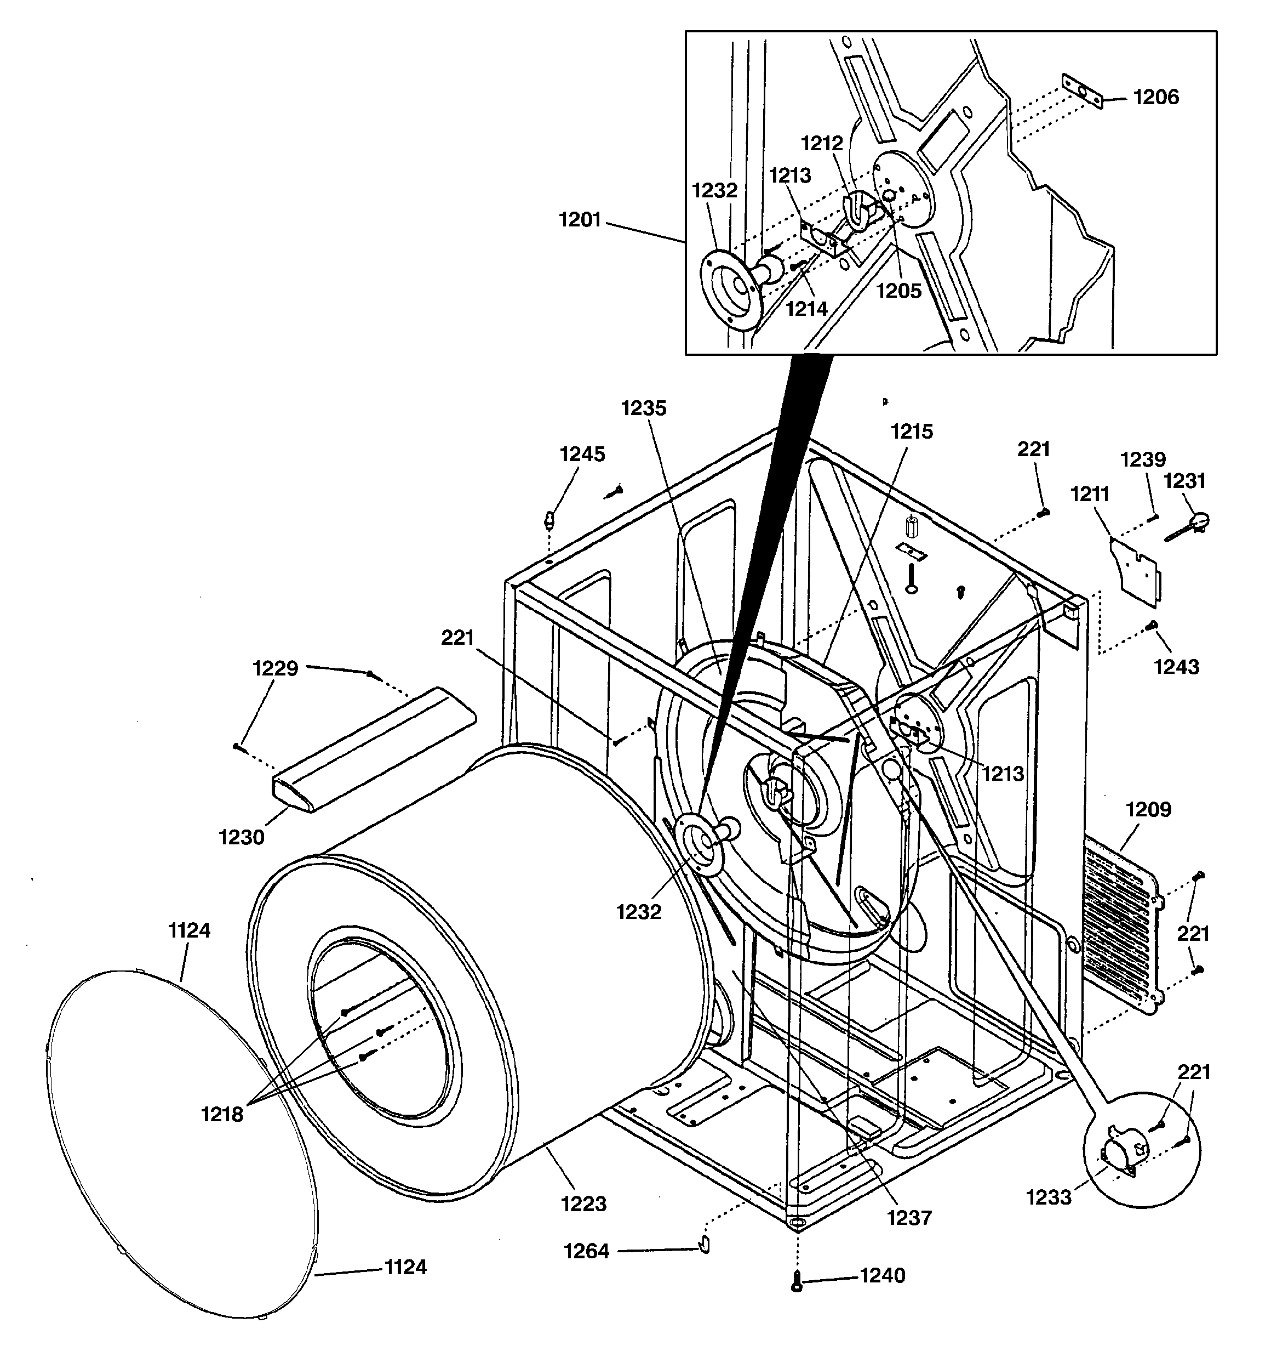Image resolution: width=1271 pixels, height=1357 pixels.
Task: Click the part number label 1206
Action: (1156, 98)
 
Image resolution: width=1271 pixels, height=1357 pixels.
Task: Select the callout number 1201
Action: (580, 220)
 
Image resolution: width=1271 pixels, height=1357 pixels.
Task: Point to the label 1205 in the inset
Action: (898, 291)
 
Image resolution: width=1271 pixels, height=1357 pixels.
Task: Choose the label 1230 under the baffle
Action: (241, 837)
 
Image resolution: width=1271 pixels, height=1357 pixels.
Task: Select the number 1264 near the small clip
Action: (587, 1251)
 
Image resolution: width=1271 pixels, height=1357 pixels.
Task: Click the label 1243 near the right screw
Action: (1176, 666)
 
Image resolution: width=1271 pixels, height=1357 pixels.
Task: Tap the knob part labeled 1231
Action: (1194, 524)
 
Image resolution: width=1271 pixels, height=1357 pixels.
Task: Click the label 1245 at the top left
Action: (582, 454)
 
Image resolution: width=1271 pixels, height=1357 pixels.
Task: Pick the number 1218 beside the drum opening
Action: (222, 1114)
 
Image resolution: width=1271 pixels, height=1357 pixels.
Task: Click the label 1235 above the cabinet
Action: (643, 408)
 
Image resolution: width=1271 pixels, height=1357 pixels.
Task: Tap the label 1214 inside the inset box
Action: (806, 309)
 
